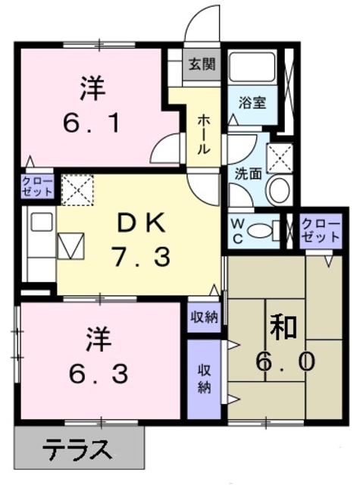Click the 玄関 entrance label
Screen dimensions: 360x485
click(x=202, y=64)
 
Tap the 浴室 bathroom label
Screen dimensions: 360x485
click(x=252, y=102)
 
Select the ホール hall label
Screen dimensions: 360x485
click(x=204, y=134)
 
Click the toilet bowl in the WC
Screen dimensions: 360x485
click(x=261, y=230)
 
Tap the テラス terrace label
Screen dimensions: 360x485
click(x=77, y=449)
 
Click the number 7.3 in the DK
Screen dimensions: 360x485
click(x=140, y=256)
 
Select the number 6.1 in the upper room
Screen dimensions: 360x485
click(x=92, y=123)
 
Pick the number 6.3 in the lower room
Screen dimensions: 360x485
click(x=99, y=374)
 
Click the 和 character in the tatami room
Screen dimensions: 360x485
click(x=283, y=327)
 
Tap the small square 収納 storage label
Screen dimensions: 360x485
click(x=204, y=317)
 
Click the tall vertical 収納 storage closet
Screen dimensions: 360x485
click(x=204, y=379)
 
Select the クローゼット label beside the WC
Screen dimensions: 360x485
click(x=321, y=230)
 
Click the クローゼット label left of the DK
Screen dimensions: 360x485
click(x=37, y=186)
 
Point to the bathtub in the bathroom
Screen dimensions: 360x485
click(x=252, y=67)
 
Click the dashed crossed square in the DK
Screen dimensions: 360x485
click(x=77, y=189)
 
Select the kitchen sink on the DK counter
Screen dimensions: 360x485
click(x=70, y=246)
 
